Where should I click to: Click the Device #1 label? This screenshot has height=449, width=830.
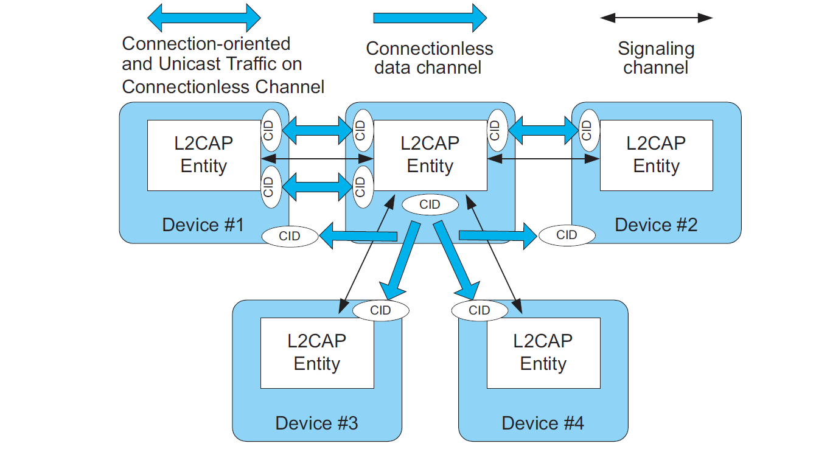(x=203, y=225)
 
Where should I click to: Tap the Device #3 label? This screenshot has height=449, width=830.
(x=316, y=423)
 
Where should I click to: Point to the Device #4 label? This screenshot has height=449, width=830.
(x=543, y=423)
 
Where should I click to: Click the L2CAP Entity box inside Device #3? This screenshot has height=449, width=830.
(x=316, y=353)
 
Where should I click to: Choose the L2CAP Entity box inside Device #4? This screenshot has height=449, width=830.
(x=543, y=353)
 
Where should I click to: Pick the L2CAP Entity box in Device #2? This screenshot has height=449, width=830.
(x=656, y=155)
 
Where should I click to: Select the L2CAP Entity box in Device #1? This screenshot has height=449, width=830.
(x=204, y=155)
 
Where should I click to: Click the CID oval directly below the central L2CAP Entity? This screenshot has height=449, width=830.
(x=430, y=204)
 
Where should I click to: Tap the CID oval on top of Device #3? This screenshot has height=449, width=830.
(x=381, y=310)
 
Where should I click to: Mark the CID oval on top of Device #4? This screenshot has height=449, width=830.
(x=480, y=310)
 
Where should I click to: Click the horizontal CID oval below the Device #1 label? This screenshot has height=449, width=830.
(x=290, y=235)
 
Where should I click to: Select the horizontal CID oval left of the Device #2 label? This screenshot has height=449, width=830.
(x=567, y=235)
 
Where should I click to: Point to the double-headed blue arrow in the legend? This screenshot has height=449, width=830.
(x=204, y=18)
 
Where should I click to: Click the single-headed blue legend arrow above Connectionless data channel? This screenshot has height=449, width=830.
(x=430, y=18)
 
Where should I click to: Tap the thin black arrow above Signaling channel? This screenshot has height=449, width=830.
(x=656, y=18)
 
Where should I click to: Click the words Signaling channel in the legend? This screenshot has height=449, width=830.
(x=656, y=58)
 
